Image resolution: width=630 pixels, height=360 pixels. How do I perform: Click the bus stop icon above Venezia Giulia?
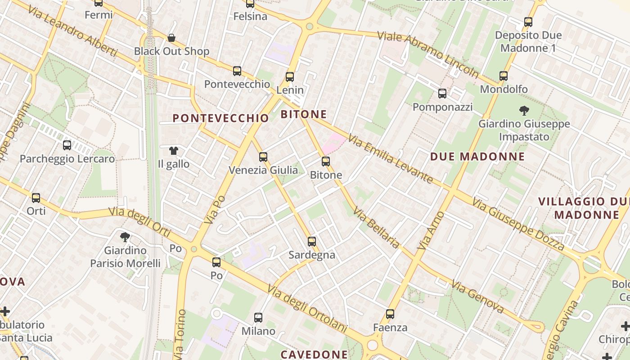point(263,157)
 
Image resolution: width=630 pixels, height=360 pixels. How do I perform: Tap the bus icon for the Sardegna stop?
point(312,242)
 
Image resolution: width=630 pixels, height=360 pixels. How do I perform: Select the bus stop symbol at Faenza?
point(390,314)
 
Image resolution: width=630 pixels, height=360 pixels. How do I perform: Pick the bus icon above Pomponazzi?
point(442,94)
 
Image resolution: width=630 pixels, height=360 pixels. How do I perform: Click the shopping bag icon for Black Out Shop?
point(171,38)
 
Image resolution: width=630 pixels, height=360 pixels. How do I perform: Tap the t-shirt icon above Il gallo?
point(173,151)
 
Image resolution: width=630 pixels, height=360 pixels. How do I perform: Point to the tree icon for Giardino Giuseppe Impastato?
point(524,110)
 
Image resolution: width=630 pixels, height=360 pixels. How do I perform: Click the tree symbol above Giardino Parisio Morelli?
point(125,237)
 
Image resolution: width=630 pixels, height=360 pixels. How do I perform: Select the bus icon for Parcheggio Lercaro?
point(67,145)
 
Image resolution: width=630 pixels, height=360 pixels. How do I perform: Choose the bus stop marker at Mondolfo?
point(503,76)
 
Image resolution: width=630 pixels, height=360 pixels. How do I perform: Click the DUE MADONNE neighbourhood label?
point(477,157)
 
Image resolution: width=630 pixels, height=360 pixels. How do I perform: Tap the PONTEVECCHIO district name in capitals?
point(220,118)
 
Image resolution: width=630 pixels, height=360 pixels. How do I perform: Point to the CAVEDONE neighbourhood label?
point(314,355)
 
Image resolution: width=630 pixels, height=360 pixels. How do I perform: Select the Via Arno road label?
point(431,231)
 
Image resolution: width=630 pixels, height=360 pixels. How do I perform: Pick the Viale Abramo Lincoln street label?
point(428,54)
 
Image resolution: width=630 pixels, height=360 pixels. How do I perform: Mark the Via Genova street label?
point(477,297)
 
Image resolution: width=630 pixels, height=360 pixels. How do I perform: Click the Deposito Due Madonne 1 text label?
point(528,41)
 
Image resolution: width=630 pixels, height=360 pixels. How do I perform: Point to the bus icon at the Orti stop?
point(36,198)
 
